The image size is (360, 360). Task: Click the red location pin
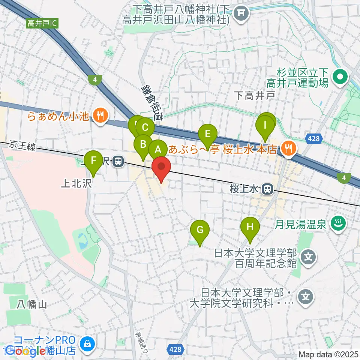(x=161, y=168)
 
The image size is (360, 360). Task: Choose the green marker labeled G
(x=200, y=229)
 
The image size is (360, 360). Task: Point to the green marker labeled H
(x=250, y=226)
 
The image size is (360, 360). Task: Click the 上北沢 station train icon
(x=118, y=162)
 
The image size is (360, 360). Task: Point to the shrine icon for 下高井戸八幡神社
(x=241, y=14)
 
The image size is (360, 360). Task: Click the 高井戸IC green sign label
(x=42, y=24)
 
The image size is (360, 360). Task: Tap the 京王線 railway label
(x=23, y=145)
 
